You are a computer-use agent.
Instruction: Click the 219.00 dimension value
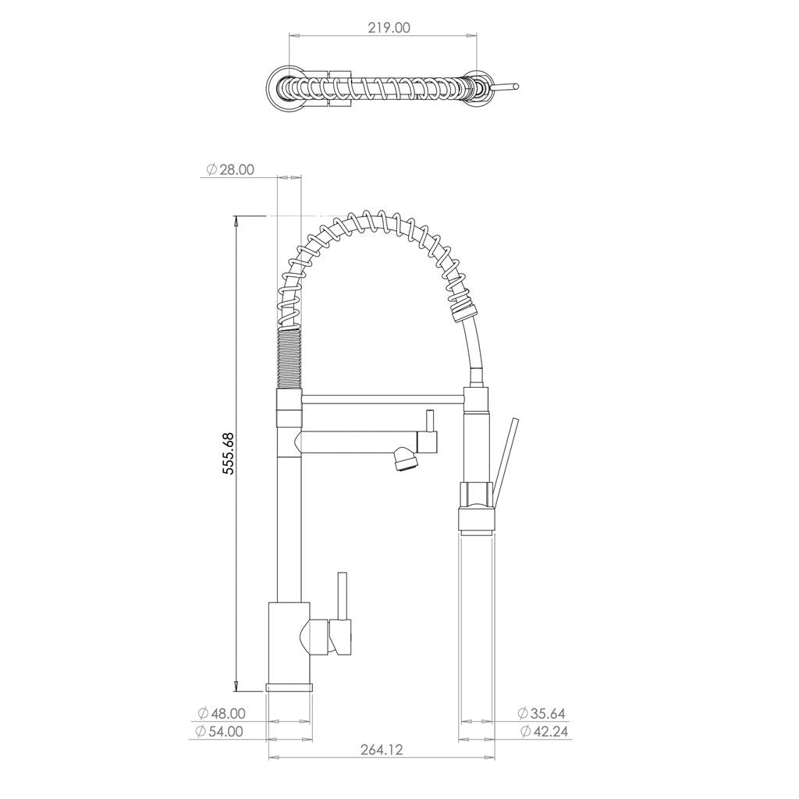[x=389, y=27]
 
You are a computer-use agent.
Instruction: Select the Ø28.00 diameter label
[x=230, y=170]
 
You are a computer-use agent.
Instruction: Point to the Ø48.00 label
[x=222, y=713]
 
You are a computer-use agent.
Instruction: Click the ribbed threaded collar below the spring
[x=289, y=358]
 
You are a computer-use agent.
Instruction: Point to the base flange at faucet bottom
[x=289, y=686]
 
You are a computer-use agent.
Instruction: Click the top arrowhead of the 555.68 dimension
[x=237, y=222]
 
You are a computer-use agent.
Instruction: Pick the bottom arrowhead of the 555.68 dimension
[x=237, y=686]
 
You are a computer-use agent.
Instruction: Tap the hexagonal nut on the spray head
[x=476, y=494]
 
